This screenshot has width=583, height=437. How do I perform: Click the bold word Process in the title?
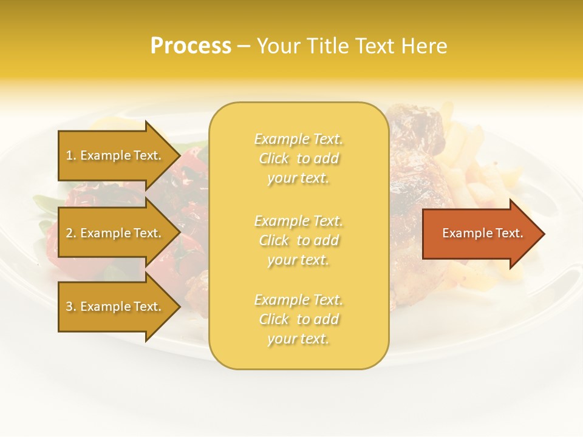(191, 46)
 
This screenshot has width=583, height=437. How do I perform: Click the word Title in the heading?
(326, 46)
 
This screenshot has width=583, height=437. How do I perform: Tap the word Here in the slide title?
(423, 46)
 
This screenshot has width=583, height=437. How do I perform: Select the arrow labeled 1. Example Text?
(115, 155)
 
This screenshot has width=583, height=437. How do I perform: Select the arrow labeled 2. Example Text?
(115, 233)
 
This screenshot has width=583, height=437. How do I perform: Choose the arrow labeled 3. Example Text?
(115, 307)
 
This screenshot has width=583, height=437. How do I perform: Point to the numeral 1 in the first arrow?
(69, 155)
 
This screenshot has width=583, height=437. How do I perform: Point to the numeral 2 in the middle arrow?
(69, 233)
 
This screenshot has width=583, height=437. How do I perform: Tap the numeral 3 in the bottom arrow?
(69, 307)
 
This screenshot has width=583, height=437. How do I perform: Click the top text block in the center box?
(298, 158)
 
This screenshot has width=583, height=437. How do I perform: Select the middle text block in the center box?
(298, 240)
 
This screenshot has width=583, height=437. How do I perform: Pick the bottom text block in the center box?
(298, 319)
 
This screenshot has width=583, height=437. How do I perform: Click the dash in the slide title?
(243, 47)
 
